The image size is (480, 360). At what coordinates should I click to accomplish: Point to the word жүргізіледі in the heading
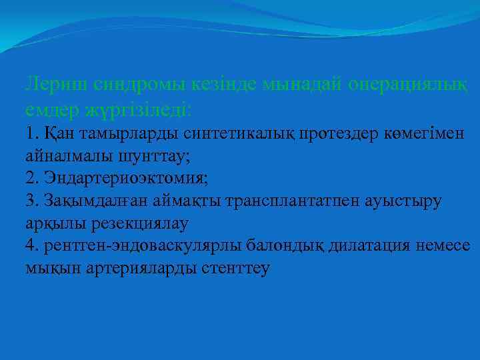pos(147,107)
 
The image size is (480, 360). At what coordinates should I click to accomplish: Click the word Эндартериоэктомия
pos(127,178)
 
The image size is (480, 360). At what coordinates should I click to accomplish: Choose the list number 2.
pos(31,178)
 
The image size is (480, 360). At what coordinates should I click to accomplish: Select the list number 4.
pos(31,246)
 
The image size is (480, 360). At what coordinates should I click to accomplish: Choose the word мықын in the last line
pos(50,269)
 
